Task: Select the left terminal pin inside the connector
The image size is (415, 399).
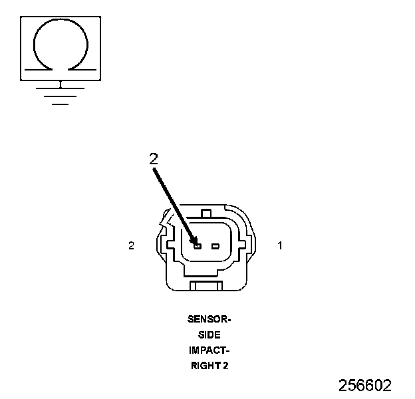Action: click(x=198, y=246)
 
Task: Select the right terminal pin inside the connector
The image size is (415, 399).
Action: click(x=215, y=246)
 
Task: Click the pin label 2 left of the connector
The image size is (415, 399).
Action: click(x=132, y=245)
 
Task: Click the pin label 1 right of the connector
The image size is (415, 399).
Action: click(x=280, y=245)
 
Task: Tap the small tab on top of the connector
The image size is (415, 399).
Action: click(x=206, y=213)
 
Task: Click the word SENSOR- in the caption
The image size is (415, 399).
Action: click(x=209, y=319)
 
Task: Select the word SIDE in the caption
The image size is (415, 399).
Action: click(x=209, y=334)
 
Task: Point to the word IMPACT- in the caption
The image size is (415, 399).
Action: click(x=209, y=350)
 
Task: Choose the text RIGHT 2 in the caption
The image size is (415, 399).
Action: click(x=209, y=365)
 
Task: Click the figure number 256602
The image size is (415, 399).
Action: click(x=365, y=385)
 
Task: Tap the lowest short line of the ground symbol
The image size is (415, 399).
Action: click(x=61, y=104)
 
